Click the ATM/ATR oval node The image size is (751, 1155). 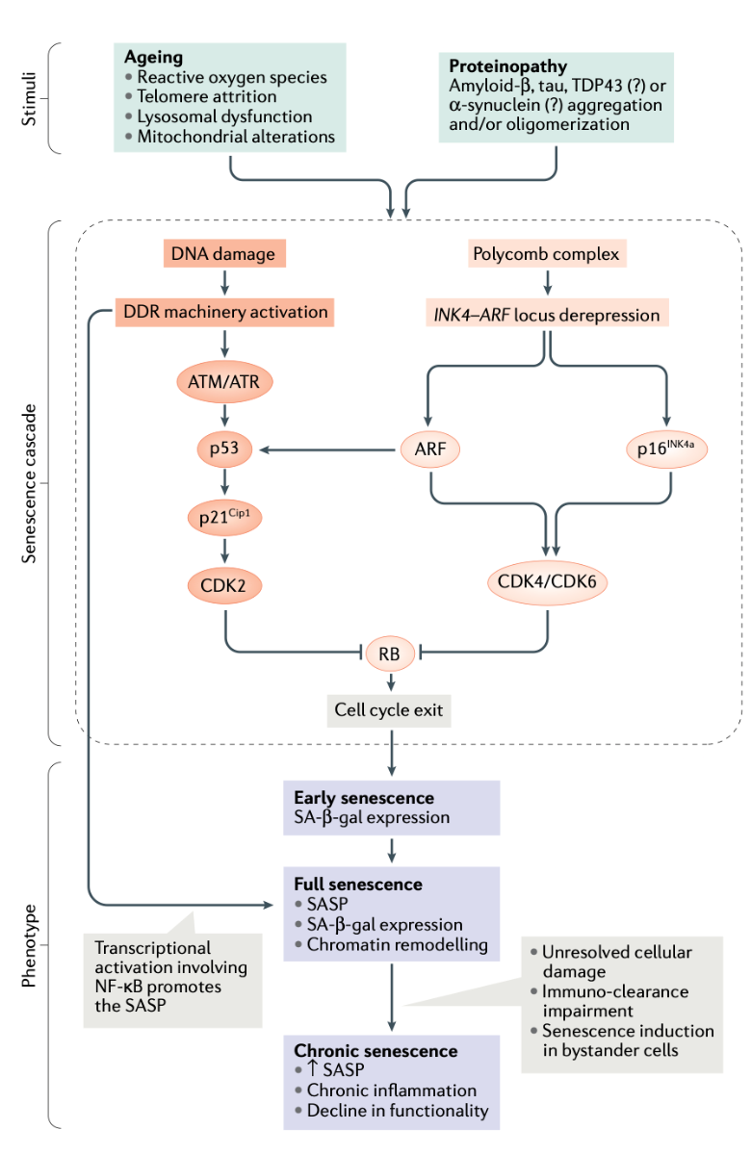pos(224,383)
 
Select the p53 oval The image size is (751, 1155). pos(224,449)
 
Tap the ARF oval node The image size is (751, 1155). pos(431,449)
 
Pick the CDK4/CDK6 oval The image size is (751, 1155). pos(548,582)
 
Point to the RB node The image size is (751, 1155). pos(390,655)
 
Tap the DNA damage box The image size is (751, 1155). pos(224,254)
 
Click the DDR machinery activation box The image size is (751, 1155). pos(224,312)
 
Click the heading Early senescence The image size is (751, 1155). pos(364,798)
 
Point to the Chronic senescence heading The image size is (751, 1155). pos(375,1050)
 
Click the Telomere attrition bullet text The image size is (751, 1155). pos(207,96)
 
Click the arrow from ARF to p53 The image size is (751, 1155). pos(327,449)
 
